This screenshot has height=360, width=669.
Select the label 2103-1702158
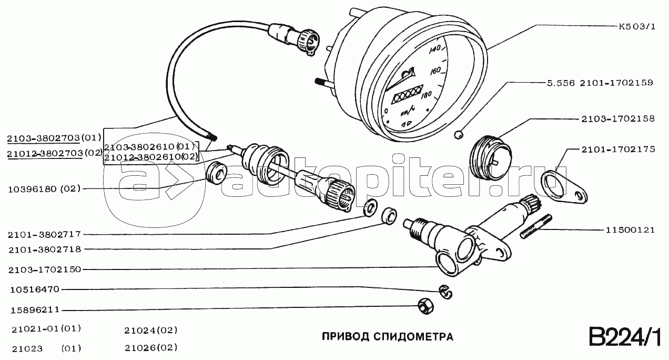pos(618,119)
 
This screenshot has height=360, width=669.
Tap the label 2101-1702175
pos(618,149)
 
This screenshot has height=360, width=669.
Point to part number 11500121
pos(630,230)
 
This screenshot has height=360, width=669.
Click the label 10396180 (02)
pos(44,189)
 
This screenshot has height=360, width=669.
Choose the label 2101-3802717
pos(45,235)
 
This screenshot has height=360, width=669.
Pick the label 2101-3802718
pos(45,249)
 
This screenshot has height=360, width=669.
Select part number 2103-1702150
pos(45,270)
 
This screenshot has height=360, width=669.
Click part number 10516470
pos(35,289)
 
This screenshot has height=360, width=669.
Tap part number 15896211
pos(35,310)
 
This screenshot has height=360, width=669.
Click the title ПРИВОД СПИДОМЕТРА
pos(388,337)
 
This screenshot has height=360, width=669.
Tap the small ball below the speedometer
pos(459,135)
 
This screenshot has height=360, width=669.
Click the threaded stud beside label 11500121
pos(536,227)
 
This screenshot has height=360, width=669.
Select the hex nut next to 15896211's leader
pos(425,306)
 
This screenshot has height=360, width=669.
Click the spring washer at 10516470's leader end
pos(445,292)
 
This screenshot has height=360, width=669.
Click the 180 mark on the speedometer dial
pos(426,95)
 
